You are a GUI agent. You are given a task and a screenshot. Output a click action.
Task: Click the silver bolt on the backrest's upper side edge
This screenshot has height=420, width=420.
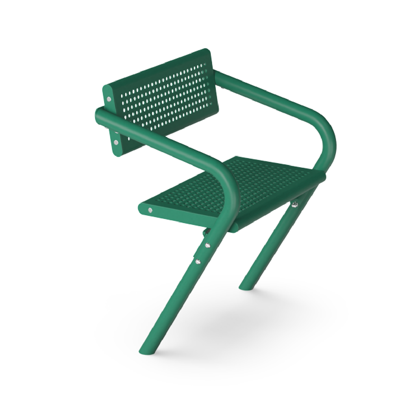(109, 99)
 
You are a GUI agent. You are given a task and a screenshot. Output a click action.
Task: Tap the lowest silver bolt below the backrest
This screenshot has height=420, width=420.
(117, 143)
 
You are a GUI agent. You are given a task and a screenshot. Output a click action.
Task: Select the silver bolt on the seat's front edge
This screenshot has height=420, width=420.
(151, 210)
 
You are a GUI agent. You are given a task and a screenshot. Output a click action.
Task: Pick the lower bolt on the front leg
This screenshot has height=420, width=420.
(197, 261)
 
